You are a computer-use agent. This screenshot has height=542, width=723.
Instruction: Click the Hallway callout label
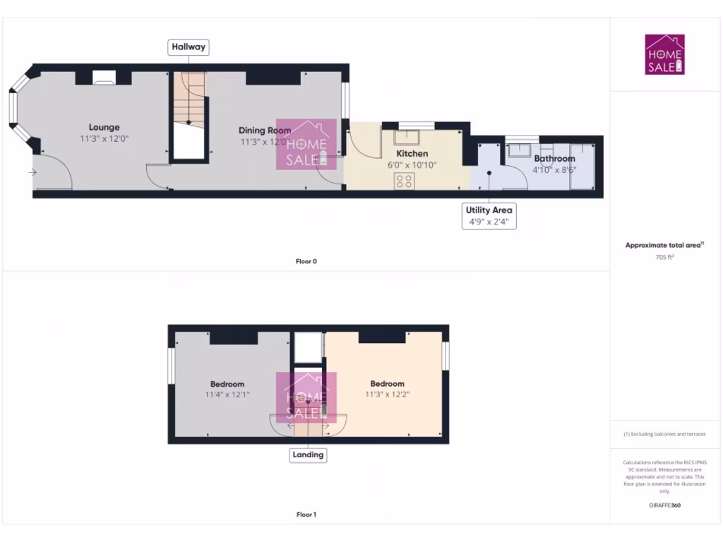[189, 47]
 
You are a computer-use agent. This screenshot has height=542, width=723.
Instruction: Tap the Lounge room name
[104, 127]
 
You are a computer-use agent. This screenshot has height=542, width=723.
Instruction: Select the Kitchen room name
[412, 153]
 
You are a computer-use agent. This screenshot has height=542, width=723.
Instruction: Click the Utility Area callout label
[489, 210]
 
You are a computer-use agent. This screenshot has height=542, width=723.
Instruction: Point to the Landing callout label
[308, 454]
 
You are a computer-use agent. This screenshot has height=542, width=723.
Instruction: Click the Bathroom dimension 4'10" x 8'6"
[554, 170]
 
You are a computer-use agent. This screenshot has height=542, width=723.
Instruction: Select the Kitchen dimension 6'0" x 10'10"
[412, 165]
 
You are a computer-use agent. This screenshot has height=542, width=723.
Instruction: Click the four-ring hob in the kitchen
[405, 180]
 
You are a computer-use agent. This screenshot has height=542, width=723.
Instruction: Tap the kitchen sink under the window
[407, 137]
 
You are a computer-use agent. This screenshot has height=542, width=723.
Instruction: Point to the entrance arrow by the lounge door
[32, 172]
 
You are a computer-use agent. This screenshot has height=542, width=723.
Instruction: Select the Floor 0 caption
[306, 261]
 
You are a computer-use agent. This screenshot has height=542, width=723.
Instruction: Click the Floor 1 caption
[306, 514]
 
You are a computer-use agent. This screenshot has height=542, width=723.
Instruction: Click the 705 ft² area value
[664, 258]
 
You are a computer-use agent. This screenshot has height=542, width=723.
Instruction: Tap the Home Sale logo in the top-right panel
[665, 54]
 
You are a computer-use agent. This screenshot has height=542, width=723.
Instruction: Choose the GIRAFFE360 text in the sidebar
[664, 505]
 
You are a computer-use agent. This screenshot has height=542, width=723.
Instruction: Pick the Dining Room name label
[265, 130]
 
